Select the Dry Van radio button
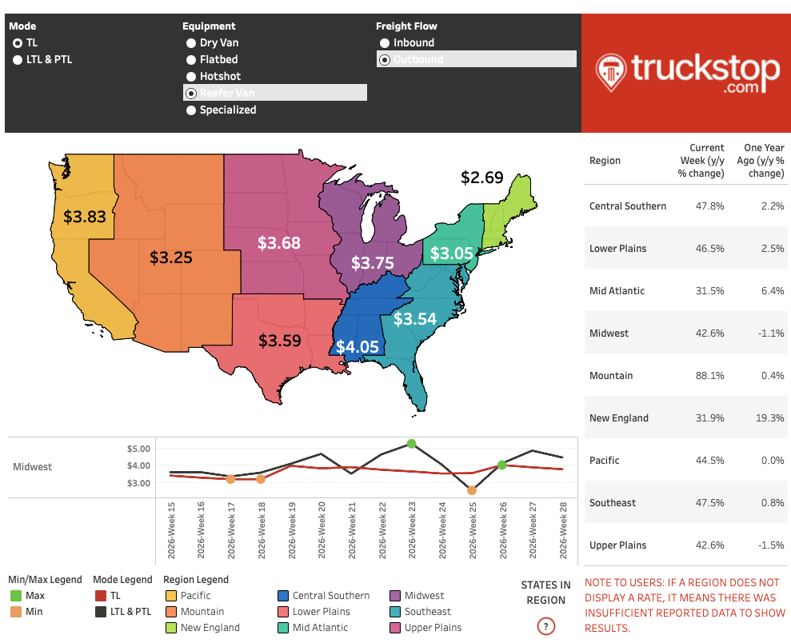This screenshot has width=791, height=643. (x=191, y=43)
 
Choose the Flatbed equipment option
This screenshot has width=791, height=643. (x=191, y=59)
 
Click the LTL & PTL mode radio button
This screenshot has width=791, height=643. (x=18, y=59)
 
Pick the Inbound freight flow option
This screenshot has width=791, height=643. (x=385, y=43)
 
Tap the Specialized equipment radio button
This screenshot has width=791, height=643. (x=191, y=110)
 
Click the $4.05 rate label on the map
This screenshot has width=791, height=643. (x=358, y=347)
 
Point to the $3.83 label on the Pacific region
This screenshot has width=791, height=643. (x=85, y=217)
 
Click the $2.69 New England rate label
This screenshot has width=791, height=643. (x=482, y=178)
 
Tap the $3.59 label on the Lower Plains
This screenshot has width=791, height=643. (x=279, y=341)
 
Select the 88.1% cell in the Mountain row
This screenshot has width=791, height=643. (x=709, y=376)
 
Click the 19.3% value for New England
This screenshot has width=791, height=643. (x=770, y=418)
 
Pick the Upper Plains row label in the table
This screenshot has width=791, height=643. (x=618, y=545)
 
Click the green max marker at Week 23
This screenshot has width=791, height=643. (x=412, y=444)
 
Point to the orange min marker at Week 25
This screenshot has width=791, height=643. (x=472, y=490)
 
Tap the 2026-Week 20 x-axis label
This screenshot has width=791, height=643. (x=322, y=530)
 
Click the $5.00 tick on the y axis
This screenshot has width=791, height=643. (x=138, y=449)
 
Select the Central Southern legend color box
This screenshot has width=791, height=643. (x=283, y=596)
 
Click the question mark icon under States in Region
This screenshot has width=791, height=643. (x=545, y=626)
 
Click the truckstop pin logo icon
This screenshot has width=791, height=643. (x=611, y=73)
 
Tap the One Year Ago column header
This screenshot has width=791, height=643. (x=761, y=161)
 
